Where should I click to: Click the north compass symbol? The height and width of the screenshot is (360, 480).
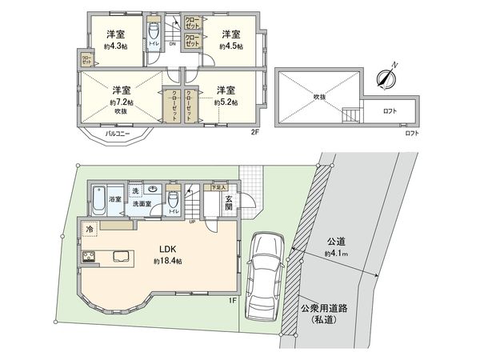[x=386, y=78]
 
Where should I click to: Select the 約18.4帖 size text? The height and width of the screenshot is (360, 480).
[x=167, y=261]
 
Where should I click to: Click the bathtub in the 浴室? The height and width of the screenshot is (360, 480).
[x=99, y=198]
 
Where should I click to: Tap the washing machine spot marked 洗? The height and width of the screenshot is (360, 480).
[x=135, y=191]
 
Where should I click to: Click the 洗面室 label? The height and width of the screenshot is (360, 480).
[x=142, y=205]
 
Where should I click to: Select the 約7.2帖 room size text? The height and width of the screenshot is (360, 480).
[x=122, y=102]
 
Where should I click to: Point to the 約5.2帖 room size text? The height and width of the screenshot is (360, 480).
[x=226, y=102]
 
